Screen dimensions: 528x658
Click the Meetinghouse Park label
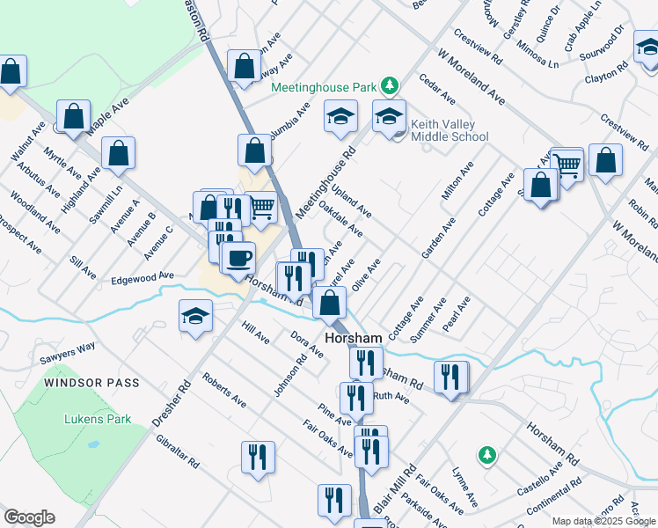(323, 87)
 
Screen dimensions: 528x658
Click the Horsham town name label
(353, 337)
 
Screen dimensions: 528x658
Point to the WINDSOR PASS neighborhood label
(101, 383)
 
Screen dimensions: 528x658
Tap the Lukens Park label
(98, 419)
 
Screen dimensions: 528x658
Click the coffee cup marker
(239, 258)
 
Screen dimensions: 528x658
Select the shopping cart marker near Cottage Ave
(568, 163)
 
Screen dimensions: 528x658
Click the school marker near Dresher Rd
(195, 315)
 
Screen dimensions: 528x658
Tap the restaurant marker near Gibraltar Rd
(258, 456)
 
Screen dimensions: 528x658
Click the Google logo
(29, 517)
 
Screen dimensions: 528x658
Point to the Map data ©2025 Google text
(604, 521)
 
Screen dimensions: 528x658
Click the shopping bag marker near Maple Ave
(75, 115)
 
